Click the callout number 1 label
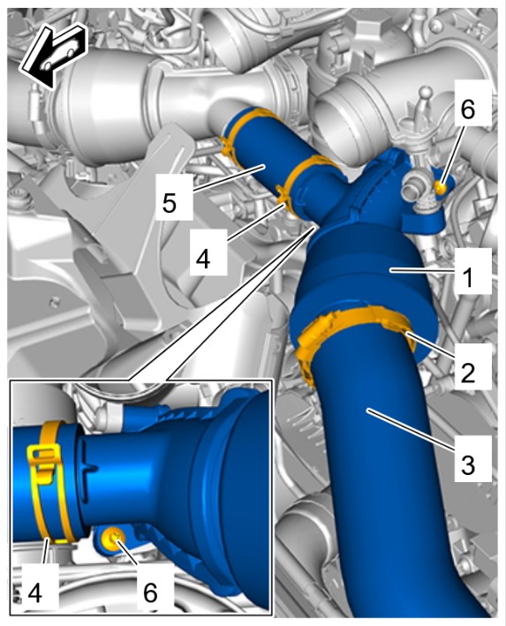[468, 276]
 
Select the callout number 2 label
[468, 373]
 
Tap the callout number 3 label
[468, 464]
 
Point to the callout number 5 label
[170, 203]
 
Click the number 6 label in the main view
[468, 109]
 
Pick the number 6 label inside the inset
[150, 592]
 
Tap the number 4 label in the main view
[203, 259]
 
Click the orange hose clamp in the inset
[49, 479]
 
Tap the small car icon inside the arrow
[59, 58]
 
